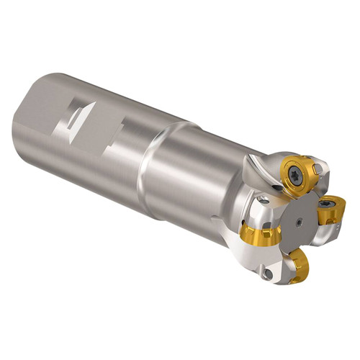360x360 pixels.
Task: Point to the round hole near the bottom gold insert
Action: pyautogui.click(x=268, y=274)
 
